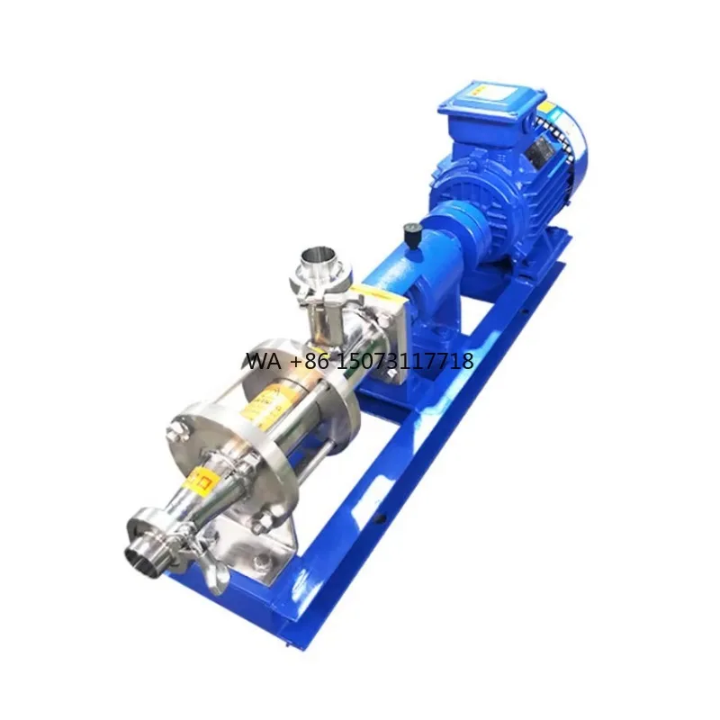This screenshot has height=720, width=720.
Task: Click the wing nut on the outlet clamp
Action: click(212, 569)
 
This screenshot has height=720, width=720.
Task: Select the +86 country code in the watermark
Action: click(310, 362)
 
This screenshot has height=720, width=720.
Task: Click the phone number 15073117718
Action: click(406, 362)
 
